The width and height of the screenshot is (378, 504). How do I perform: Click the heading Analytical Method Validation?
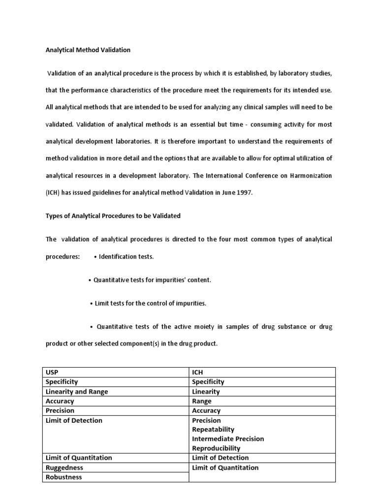[88, 50]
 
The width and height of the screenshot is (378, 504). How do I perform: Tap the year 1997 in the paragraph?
[244, 193]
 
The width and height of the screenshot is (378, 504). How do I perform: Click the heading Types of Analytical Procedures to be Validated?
[113, 216]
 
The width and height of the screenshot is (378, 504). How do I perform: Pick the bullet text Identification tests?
[126, 257]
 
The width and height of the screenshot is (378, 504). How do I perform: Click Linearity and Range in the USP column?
[76, 391]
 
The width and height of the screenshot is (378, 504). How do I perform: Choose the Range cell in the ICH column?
[202, 401]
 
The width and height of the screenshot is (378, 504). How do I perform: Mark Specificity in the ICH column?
[208, 381]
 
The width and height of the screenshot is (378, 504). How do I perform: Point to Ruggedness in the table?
[64, 468]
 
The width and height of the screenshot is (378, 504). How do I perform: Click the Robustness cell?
[63, 477]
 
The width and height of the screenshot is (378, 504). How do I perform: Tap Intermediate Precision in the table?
[228, 439]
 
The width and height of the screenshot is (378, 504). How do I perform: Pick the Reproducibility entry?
[216, 448]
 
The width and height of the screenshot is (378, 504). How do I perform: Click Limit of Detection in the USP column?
[74, 420]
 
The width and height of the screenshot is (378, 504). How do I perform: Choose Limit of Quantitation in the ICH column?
[225, 468]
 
